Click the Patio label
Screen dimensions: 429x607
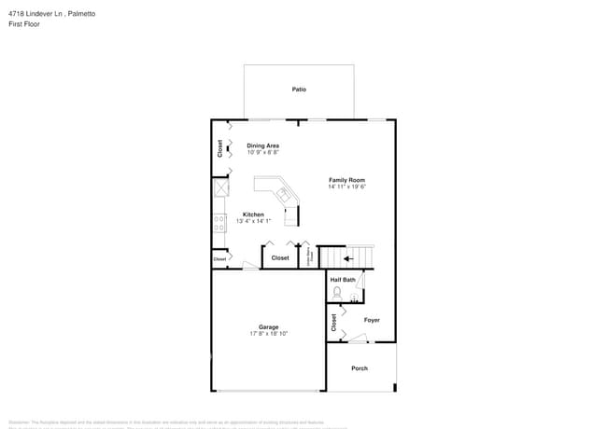pos(299,90)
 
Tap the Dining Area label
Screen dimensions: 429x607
pos(262,145)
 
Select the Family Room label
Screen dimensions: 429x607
pos(346,179)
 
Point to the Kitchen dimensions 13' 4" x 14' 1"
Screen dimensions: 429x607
pos(253,221)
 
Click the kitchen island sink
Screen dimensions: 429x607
pos(283,193)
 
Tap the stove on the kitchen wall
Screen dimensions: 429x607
pos(220,223)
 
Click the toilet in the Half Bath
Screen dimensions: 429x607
pos(337,293)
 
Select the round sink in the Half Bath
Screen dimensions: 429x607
pos(355,301)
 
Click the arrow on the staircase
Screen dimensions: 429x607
pos(347,258)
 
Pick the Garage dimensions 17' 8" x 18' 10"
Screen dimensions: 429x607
pos(269,334)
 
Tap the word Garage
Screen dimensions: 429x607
pos(269,327)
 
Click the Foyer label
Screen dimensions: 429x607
pos(372,320)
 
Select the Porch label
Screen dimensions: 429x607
pos(360,368)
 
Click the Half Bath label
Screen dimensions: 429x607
pos(343,280)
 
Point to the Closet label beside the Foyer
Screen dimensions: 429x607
pos(333,323)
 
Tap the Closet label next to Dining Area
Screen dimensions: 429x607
pos(220,148)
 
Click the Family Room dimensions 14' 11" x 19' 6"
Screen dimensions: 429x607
pos(346,187)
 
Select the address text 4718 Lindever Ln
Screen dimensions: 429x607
pos(36,14)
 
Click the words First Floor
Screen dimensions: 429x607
pos(23,24)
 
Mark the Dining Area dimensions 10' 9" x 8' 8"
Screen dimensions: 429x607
pos(262,153)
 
